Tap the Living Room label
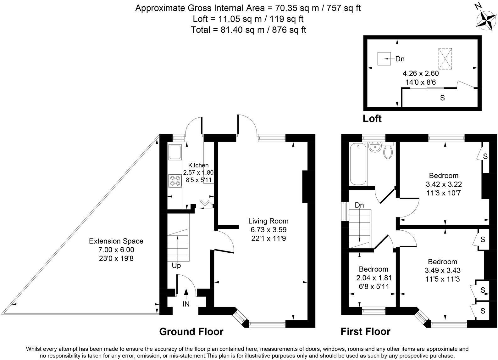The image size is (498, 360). pos(268,221)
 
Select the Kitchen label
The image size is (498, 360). pos(198,165)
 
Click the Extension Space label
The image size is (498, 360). pos(116,241)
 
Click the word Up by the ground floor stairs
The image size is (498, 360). pos(176,266)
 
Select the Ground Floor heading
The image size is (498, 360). pos(191,331)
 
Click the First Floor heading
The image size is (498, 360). pos(365,331)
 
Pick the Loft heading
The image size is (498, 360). pos(372,119)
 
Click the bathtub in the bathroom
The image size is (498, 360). pos(358,164)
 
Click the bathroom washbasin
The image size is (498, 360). pos(374,147)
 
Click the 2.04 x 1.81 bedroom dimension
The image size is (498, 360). pos(373,278)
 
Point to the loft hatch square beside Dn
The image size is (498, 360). pos(384,59)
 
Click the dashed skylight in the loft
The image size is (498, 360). pos(445,59)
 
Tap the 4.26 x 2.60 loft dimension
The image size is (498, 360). pos(421,74)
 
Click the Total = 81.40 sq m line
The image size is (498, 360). pos(248,30)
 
